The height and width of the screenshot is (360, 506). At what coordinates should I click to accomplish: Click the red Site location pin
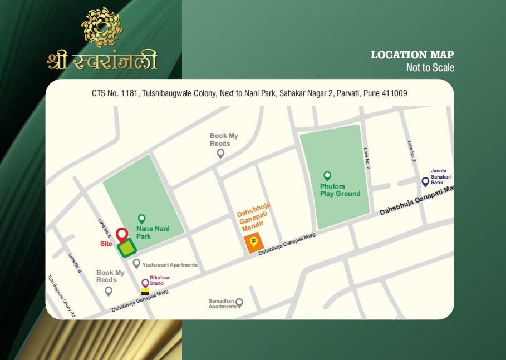coord(121,235)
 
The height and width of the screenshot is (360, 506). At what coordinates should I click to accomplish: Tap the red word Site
coord(106,244)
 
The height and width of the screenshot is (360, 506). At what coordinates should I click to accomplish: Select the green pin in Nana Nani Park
coord(141,219)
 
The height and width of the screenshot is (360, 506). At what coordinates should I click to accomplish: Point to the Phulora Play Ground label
coord(340,190)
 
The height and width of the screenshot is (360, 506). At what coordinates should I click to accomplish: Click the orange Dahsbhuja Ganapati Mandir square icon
coord(253,243)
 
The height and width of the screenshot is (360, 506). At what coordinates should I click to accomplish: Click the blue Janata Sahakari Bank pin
coord(425,181)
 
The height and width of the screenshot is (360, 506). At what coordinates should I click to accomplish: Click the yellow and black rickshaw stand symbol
coord(145,292)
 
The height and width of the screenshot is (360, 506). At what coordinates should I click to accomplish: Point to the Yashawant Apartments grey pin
coord(136,263)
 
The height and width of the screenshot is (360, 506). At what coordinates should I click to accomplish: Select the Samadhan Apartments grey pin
coord(239,303)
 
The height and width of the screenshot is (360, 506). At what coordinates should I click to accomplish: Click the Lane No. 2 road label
coord(367,158)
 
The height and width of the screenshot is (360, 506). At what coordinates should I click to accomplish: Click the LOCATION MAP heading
coord(412,55)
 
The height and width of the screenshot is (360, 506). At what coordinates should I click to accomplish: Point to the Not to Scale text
coord(430,68)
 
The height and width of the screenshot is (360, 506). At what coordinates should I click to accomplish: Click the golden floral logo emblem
coord(102,27)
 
